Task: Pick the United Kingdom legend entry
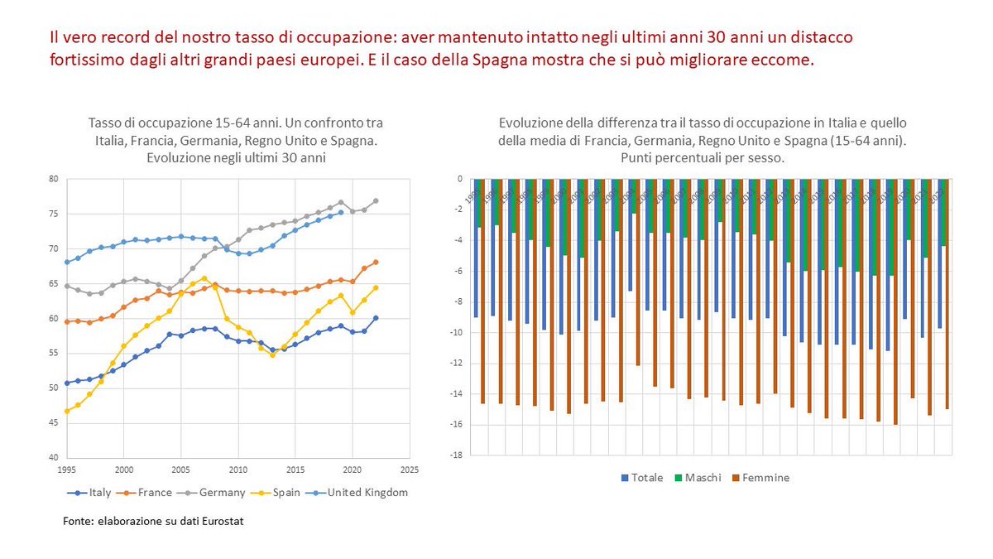pyautogui.click(x=361, y=492)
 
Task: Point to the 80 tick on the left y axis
pyautogui.click(x=52, y=179)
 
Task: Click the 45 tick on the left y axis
pyautogui.click(x=52, y=423)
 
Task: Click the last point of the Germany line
pyautogui.click(x=376, y=200)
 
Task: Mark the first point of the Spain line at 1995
pyautogui.click(x=66, y=411)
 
